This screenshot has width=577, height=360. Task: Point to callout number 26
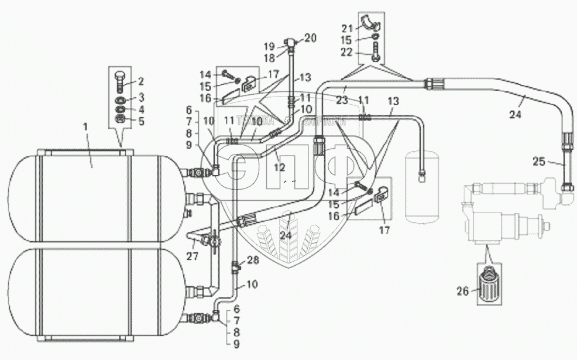[463, 290]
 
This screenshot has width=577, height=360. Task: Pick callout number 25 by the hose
[540, 160]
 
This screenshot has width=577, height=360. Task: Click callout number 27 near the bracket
[192, 256]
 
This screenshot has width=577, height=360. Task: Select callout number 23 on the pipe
[342, 100]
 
